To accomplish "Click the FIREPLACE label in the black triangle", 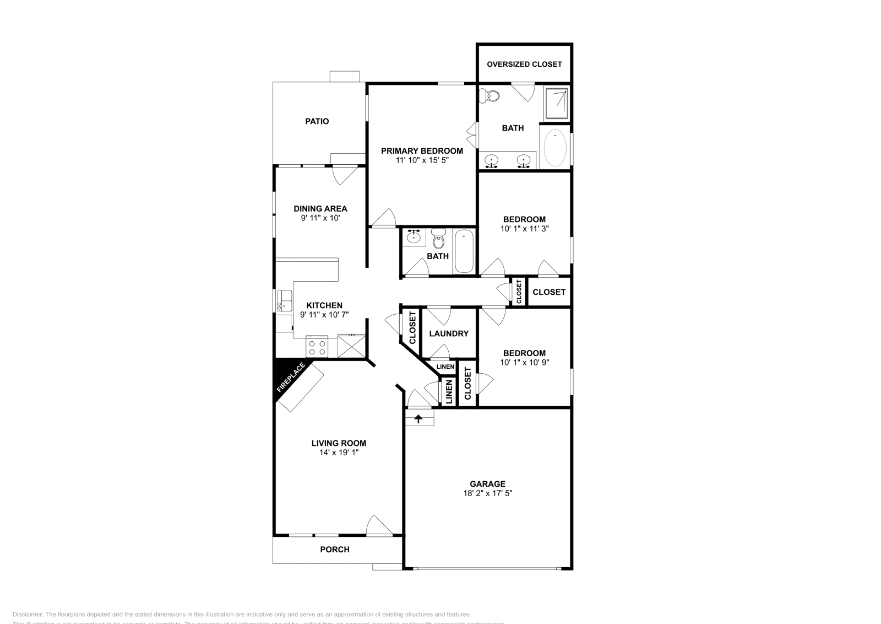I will (x=291, y=378).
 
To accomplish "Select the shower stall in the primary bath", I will (x=556, y=103).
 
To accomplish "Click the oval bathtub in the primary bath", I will (x=555, y=147).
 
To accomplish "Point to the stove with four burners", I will (x=317, y=346).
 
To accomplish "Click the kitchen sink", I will (x=285, y=301).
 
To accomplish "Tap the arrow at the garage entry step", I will (x=419, y=419).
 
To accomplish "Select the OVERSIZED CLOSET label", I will (x=524, y=64).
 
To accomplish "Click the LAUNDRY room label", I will (x=449, y=333).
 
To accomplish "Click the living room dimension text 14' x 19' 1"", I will (x=339, y=453).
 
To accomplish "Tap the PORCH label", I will (x=335, y=550).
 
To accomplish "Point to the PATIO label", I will (x=317, y=121).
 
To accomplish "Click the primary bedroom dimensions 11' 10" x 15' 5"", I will (x=422, y=160).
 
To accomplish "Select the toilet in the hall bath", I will (x=438, y=240).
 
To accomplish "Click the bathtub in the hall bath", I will (x=464, y=251).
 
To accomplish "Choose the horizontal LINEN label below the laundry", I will (x=445, y=367).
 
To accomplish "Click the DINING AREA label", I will (x=320, y=208).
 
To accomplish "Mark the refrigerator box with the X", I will (x=351, y=346).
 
